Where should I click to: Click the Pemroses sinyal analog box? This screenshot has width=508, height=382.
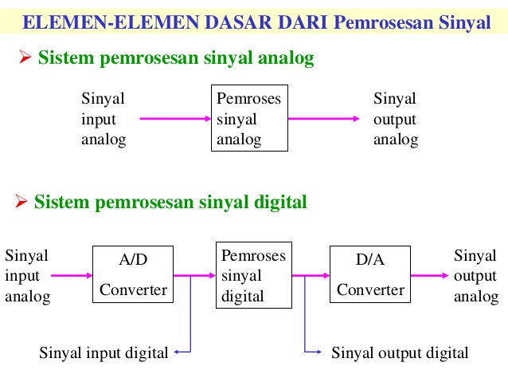click(x=248, y=119)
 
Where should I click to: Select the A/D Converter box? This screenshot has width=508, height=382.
click(x=133, y=274)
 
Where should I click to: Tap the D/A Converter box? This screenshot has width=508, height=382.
click(x=370, y=274)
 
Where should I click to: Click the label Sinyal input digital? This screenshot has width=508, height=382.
click(x=104, y=352)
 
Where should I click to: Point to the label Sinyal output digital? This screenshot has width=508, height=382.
click(x=400, y=352)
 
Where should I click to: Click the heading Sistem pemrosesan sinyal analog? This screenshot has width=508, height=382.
click(x=176, y=58)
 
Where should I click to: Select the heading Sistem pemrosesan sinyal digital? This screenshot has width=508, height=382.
click(x=170, y=202)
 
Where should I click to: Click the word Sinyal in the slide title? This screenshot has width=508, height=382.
click(x=465, y=22)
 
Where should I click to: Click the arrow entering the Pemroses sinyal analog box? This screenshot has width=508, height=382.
click(x=174, y=119)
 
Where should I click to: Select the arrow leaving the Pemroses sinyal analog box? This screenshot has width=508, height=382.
click(x=323, y=119)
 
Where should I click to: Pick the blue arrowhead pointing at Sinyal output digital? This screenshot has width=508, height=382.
click(x=318, y=352)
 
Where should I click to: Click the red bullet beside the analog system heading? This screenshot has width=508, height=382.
click(x=24, y=58)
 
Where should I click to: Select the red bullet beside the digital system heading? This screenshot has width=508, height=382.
click(x=22, y=202)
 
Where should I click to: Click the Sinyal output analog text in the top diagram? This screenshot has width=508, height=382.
click(x=396, y=119)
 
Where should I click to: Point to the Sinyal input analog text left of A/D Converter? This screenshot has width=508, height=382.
click(x=27, y=276)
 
